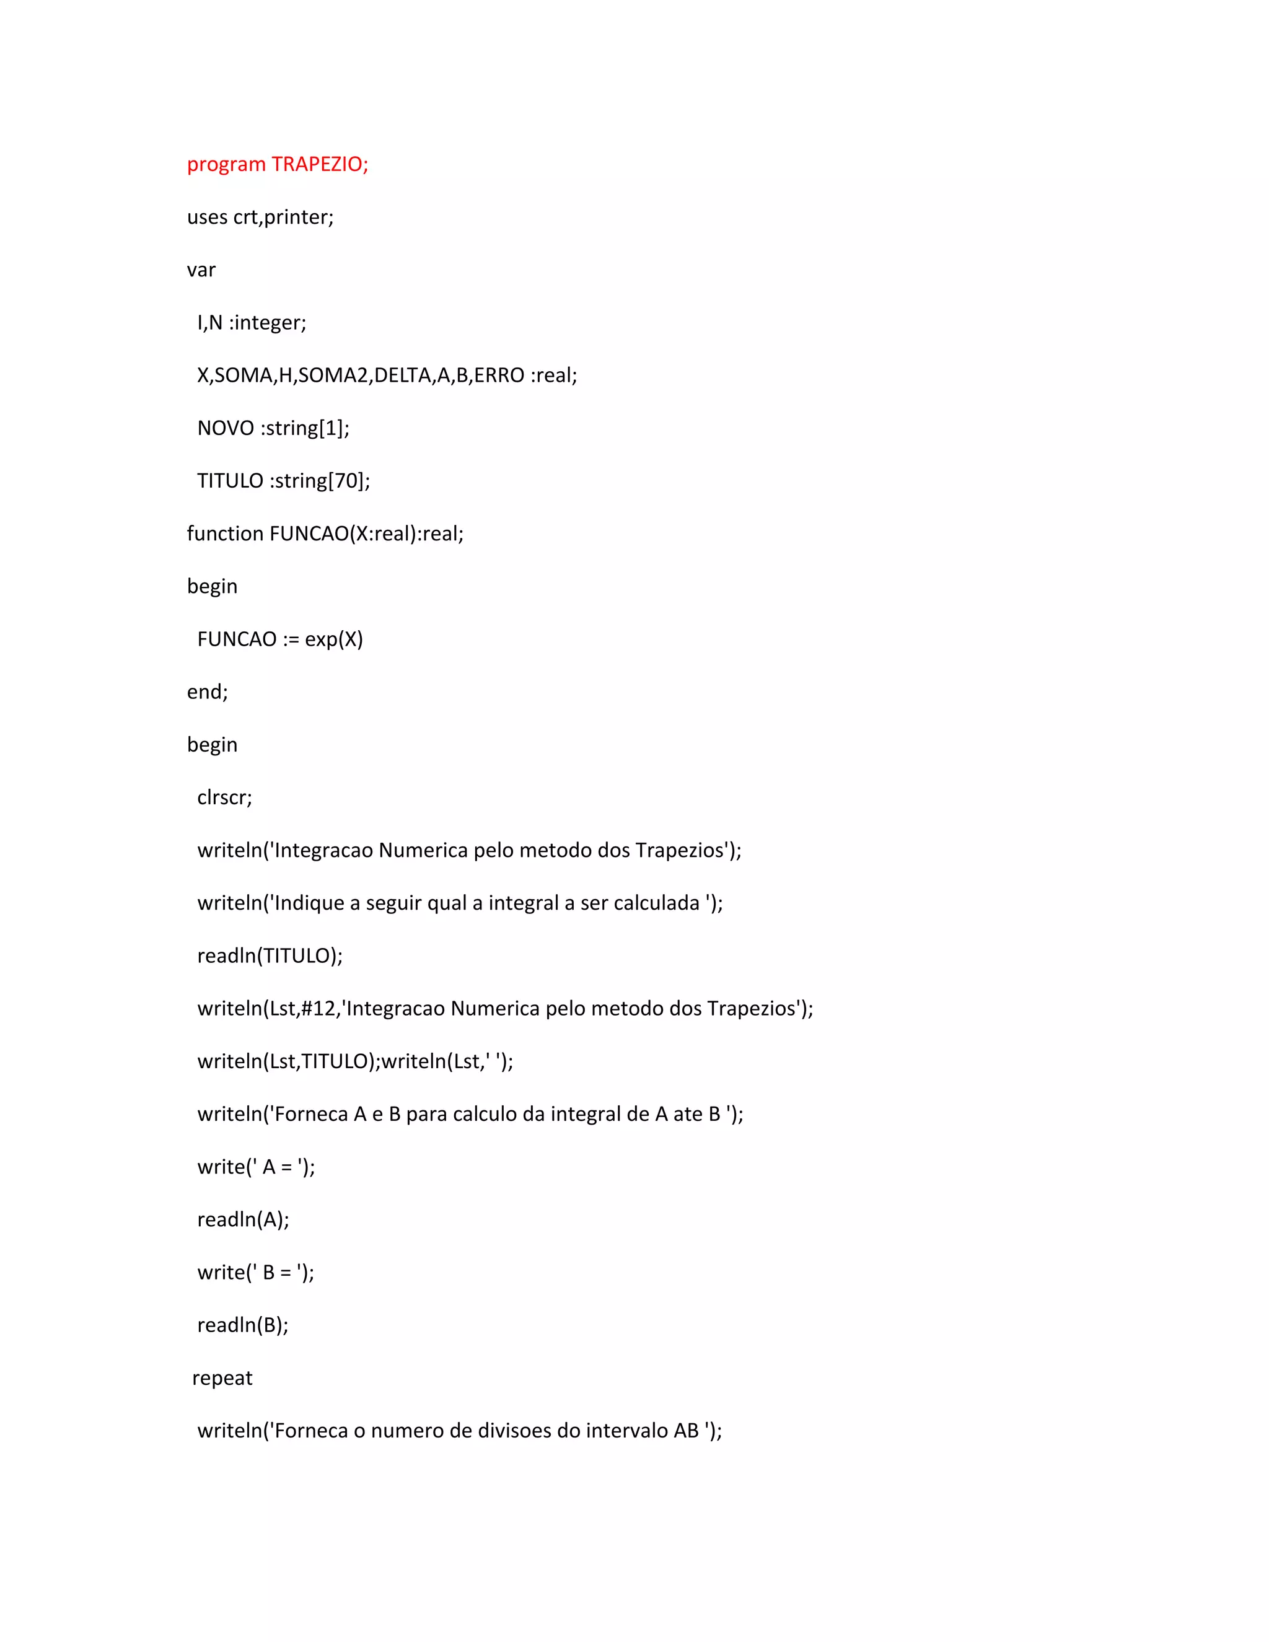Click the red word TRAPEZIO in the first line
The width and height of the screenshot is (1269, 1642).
coord(320,164)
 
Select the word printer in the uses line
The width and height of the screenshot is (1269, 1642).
coord(299,217)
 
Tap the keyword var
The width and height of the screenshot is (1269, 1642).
coord(201,270)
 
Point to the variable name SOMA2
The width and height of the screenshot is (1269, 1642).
coord(333,375)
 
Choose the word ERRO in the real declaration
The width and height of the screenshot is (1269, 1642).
coord(499,375)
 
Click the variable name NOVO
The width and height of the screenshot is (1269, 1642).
coord(226,428)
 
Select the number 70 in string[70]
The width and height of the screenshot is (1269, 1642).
coord(348,480)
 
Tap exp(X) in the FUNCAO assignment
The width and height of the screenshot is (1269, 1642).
coord(334,639)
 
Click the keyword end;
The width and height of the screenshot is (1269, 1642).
coord(208,691)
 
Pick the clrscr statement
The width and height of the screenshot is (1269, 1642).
coord(225,797)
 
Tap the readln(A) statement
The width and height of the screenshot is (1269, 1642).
coord(243,1219)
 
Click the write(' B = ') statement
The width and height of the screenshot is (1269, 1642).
coord(256,1272)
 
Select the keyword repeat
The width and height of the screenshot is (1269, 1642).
coord(222,1378)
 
